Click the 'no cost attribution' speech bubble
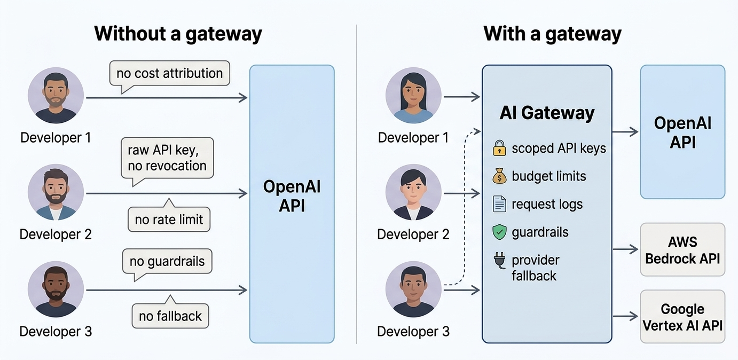coord(169,73)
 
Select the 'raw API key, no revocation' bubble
coord(167,158)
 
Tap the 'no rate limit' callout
coord(169,220)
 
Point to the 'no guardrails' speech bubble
coord(167,262)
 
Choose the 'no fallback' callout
coord(170,316)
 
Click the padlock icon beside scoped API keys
coord(499,148)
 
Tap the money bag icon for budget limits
coord(499,176)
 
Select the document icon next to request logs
coord(499,204)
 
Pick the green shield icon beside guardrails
coord(499,232)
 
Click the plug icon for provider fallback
coord(499,261)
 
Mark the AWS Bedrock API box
coord(682,250)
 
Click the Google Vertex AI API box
coord(682,317)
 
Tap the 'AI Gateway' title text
coord(547,113)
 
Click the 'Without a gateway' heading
coord(178,34)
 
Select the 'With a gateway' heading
coord(552,34)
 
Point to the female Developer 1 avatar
coord(413,96)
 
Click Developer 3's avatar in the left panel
coord(56,289)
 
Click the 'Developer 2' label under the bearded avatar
coord(56,234)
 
